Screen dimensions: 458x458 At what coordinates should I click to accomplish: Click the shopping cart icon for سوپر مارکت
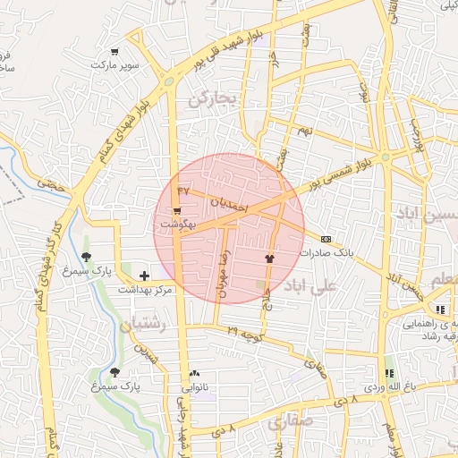click(x=114, y=51)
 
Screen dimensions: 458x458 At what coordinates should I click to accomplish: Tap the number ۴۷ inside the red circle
click(x=183, y=191)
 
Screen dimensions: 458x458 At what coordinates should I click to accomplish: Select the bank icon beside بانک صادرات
click(x=326, y=239)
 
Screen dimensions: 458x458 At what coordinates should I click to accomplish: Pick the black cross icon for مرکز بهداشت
click(x=144, y=276)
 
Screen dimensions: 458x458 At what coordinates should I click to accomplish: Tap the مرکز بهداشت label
click(x=148, y=291)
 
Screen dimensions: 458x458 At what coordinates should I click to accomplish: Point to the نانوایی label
click(x=199, y=387)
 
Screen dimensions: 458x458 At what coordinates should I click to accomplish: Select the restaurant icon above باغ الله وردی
click(x=388, y=373)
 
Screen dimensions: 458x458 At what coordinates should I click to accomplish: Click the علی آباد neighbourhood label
click(x=310, y=287)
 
